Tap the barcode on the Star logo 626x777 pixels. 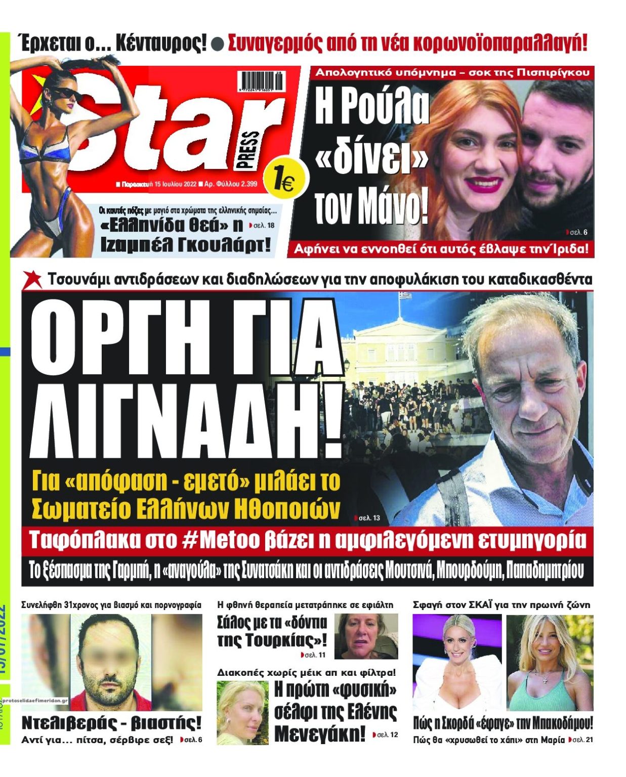tap(261, 81)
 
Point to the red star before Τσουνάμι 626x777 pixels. tap(33, 279)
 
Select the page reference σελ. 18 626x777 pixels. tap(263, 225)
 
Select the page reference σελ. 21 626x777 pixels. tap(582, 740)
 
